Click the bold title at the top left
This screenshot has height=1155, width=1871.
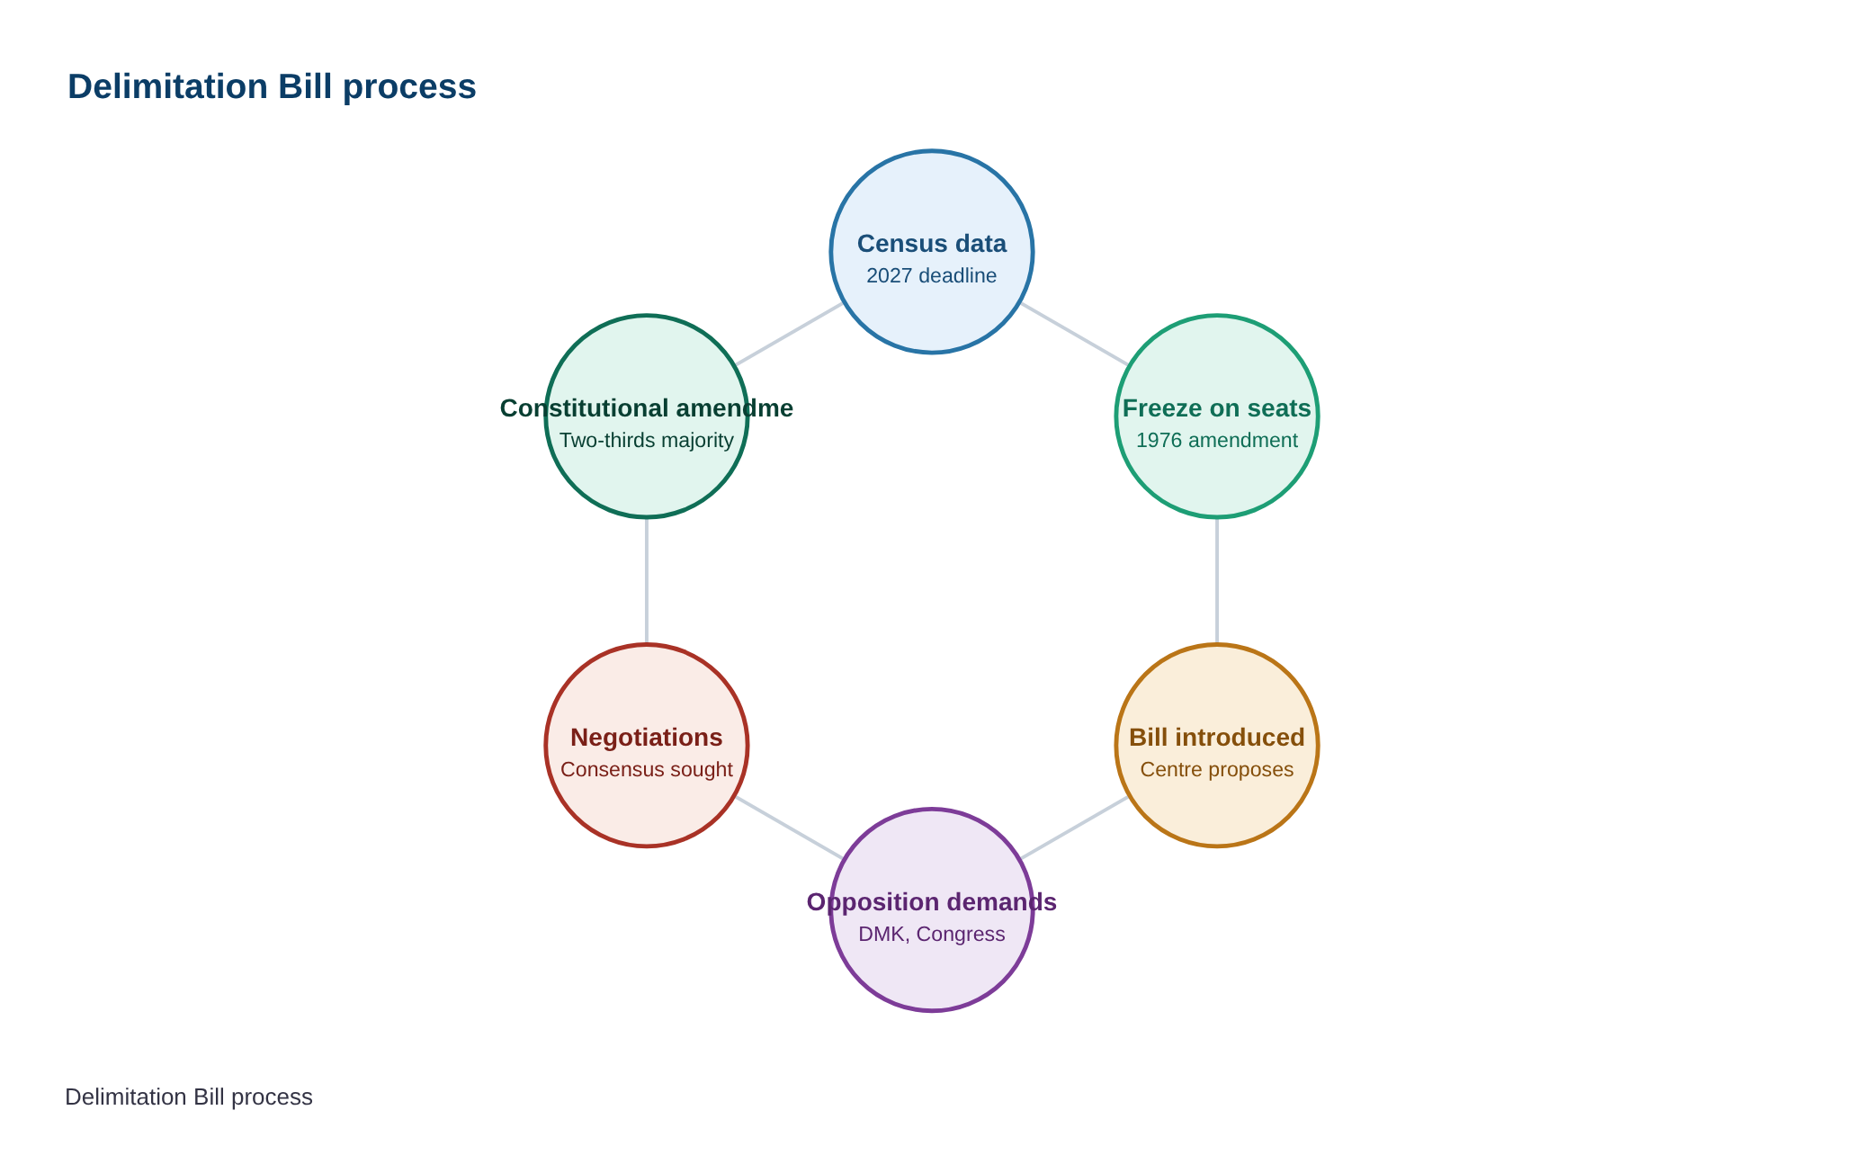[x=272, y=87]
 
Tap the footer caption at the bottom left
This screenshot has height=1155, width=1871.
[x=189, y=1097]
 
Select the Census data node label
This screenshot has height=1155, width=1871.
[x=932, y=244]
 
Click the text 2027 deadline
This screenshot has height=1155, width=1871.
[x=932, y=275]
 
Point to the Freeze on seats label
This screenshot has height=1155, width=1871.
[x=1217, y=408]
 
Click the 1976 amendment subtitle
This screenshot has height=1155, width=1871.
[x=1217, y=440]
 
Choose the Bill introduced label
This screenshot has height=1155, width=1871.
[x=1217, y=738]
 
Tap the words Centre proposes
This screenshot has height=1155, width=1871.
[x=1217, y=770]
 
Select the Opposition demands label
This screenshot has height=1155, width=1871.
[x=932, y=902]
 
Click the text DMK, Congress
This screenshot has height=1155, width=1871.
[x=932, y=934]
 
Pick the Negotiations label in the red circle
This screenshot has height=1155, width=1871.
[x=647, y=738]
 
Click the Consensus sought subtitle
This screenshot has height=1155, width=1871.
[x=647, y=770]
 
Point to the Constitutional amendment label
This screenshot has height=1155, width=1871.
[x=647, y=408]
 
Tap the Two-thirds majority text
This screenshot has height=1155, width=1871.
[x=647, y=440]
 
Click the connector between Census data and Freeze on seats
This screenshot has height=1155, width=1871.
[x=1074, y=334]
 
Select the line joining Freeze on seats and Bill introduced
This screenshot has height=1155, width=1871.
[x=1217, y=581]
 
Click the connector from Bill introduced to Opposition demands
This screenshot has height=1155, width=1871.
[x=1074, y=828]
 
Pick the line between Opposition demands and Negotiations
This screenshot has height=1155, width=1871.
[x=790, y=828]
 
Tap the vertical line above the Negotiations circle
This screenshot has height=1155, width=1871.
[x=647, y=581]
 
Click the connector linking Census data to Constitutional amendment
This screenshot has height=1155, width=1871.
[x=790, y=334]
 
